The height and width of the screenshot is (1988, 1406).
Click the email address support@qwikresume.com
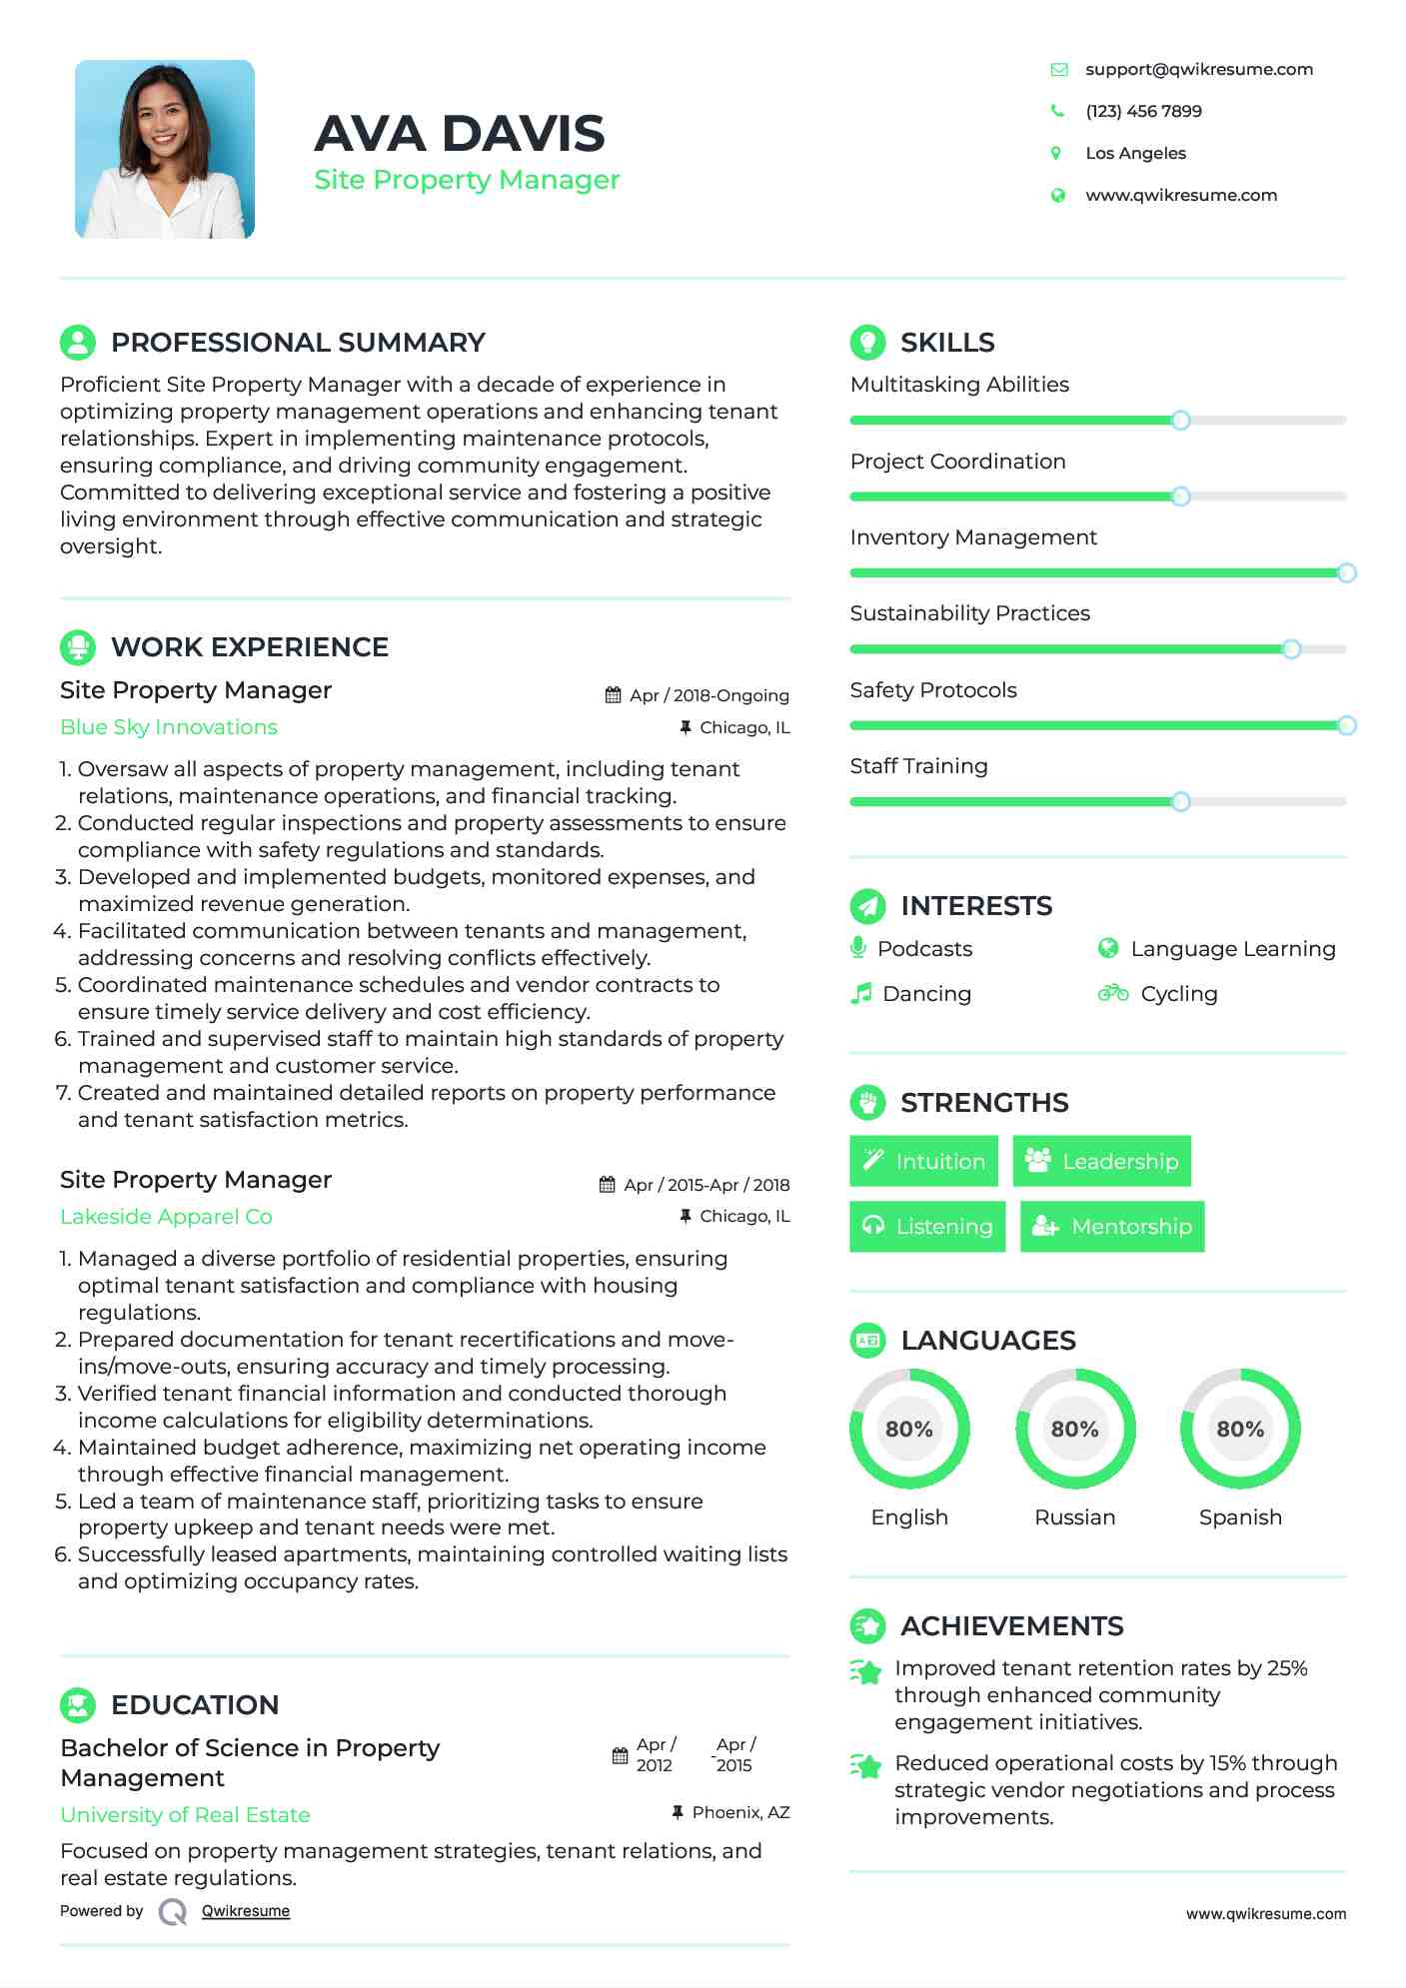pyautogui.click(x=1198, y=69)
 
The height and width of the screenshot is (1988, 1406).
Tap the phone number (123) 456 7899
pyautogui.click(x=1143, y=111)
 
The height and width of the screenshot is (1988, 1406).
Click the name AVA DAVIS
pyautogui.click(x=459, y=133)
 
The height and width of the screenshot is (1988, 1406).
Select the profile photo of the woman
pyautogui.click(x=165, y=149)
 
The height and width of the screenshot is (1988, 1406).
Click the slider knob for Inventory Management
pyautogui.click(x=1346, y=572)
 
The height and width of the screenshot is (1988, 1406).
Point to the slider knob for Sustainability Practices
pyautogui.click(x=1291, y=649)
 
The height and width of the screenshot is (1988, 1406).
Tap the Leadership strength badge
pyautogui.click(x=1101, y=1161)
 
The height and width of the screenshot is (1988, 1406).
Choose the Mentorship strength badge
pyautogui.click(x=1111, y=1226)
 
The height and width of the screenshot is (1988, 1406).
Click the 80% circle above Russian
pyautogui.click(x=1074, y=1429)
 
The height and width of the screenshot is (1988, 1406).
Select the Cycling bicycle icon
pyautogui.click(x=1112, y=993)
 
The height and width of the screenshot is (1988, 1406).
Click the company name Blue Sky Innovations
pyautogui.click(x=169, y=727)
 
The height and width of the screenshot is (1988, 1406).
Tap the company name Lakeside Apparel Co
pyautogui.click(x=166, y=1216)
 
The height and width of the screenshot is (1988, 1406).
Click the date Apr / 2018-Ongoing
pyautogui.click(x=708, y=695)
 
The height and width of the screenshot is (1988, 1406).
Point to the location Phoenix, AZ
pyautogui.click(x=740, y=1812)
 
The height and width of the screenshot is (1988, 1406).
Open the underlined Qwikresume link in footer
pyautogui.click(x=246, y=1911)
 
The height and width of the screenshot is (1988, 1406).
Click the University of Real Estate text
pyautogui.click(x=185, y=1814)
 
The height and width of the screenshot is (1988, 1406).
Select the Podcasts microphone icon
pyautogui.click(x=858, y=947)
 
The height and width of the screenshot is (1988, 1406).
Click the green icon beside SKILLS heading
pyautogui.click(x=867, y=342)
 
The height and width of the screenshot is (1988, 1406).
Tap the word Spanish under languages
pyautogui.click(x=1240, y=1516)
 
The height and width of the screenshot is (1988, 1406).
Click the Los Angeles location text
pyautogui.click(x=1135, y=153)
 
